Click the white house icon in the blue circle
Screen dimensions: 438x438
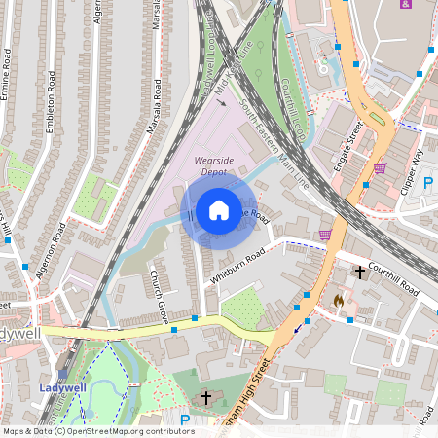tap(219, 210)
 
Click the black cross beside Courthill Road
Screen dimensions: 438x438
tap(359, 272)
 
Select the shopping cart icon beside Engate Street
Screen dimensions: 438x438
tap(380, 167)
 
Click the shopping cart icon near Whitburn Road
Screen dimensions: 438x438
tap(324, 234)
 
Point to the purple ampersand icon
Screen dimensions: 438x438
tap(405, 4)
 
